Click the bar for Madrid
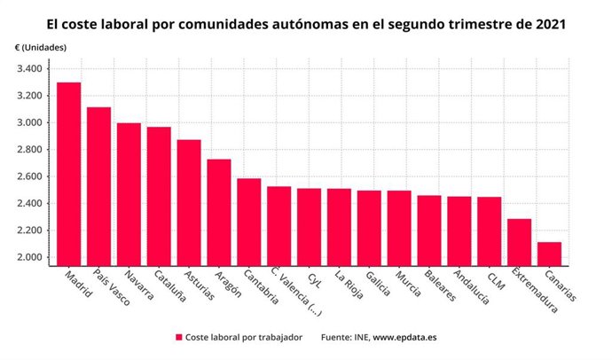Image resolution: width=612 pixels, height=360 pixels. coord(68,174)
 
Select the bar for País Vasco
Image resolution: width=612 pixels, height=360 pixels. coord(98,186)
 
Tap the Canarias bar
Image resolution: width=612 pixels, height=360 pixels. coord(549,254)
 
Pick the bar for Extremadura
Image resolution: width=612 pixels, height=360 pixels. coord(519,242)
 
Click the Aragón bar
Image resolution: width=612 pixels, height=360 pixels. coord(219,212)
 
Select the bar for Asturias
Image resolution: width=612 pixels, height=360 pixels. coord(189,202)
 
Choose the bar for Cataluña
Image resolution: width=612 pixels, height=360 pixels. coord(159,196)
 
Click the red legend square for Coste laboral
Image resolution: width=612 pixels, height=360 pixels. coord(178,338)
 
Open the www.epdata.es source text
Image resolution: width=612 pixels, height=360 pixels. coord(412,338)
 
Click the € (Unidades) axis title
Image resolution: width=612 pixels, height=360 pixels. coord(41,46)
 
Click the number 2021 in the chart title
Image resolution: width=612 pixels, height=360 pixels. coord(543,21)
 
